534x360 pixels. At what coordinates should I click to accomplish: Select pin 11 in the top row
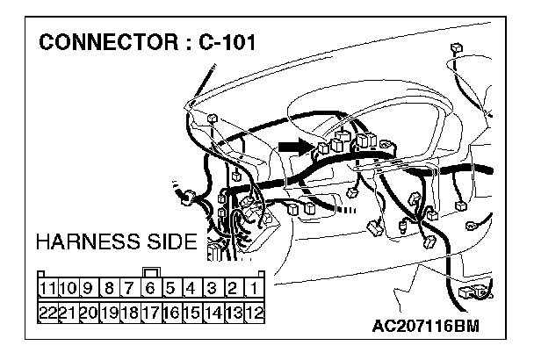tap(48, 288)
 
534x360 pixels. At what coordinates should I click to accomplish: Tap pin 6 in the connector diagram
tap(150, 288)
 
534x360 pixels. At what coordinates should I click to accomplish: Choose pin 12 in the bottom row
tap(254, 312)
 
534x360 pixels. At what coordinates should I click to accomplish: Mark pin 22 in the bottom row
tap(48, 312)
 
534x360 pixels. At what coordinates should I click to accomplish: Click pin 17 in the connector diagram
tap(150, 312)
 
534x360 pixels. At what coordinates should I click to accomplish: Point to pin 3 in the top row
tap(213, 288)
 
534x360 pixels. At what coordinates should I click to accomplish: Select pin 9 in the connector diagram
tap(89, 288)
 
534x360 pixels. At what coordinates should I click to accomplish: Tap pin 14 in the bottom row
tap(213, 312)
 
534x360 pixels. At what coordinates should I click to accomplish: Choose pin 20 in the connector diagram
tap(89, 312)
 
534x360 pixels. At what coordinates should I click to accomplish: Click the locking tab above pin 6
tap(150, 271)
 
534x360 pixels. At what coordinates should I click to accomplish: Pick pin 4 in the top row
tap(191, 288)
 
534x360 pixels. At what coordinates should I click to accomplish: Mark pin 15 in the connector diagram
tap(191, 312)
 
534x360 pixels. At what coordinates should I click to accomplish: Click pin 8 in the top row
tap(109, 288)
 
